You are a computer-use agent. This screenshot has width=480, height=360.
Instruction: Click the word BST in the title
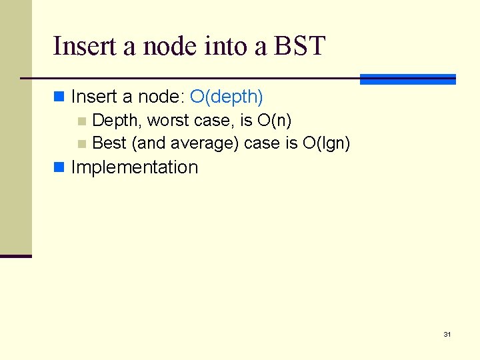pyautogui.click(x=299, y=46)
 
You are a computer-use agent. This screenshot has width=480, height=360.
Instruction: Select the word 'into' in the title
pyautogui.click(x=217, y=46)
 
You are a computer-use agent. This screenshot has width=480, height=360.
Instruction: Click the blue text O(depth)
pyautogui.click(x=227, y=97)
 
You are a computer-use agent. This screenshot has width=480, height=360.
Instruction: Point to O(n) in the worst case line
pyautogui.click(x=274, y=121)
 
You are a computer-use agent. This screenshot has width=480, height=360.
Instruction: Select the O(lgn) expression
pyautogui.click(x=326, y=143)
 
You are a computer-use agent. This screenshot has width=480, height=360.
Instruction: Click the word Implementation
pyautogui.click(x=135, y=167)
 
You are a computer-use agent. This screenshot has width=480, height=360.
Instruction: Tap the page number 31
pyautogui.click(x=447, y=334)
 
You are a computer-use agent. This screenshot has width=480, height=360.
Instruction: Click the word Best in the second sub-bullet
pyautogui.click(x=109, y=143)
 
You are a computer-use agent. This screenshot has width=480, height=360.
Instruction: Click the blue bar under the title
pyautogui.click(x=407, y=79)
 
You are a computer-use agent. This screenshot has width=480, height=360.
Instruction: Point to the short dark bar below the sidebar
pyautogui.click(x=15, y=256)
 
